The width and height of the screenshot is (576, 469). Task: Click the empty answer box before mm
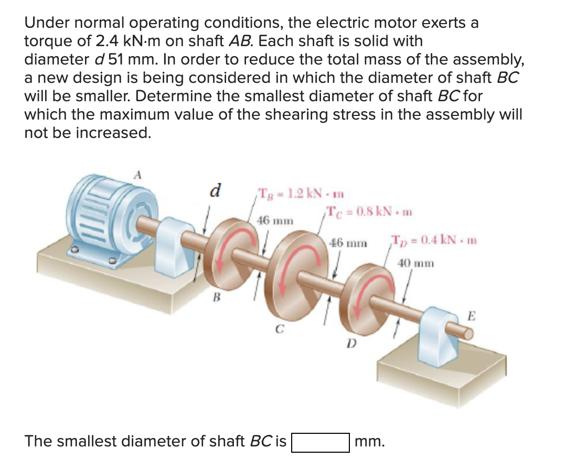pyautogui.click(x=321, y=442)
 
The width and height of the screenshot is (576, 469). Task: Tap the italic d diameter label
pyautogui.click(x=214, y=189)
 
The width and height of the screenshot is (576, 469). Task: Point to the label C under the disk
pyautogui.click(x=280, y=330)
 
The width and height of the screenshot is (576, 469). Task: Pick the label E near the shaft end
pyautogui.click(x=472, y=316)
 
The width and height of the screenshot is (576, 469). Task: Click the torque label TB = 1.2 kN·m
pyautogui.click(x=300, y=192)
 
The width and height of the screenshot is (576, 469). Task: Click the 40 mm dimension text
pyautogui.click(x=416, y=263)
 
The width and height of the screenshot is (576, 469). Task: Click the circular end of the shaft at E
pyautogui.click(x=467, y=331)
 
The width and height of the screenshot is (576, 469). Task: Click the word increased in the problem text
pyautogui.click(x=113, y=132)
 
